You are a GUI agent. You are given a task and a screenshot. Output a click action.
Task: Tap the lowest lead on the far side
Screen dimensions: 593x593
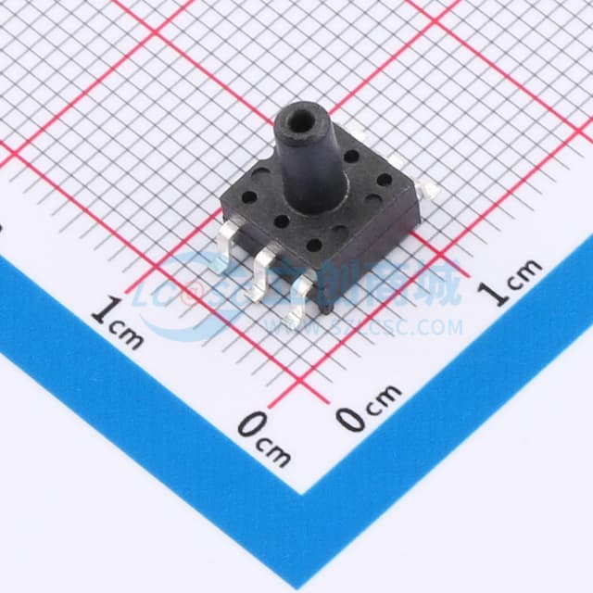tap(428, 191)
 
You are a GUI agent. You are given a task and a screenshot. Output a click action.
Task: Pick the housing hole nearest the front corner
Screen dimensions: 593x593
tap(314, 246)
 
